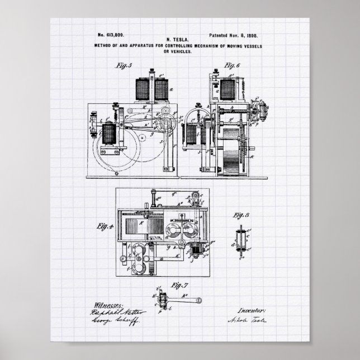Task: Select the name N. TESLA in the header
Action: (x=181, y=40)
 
